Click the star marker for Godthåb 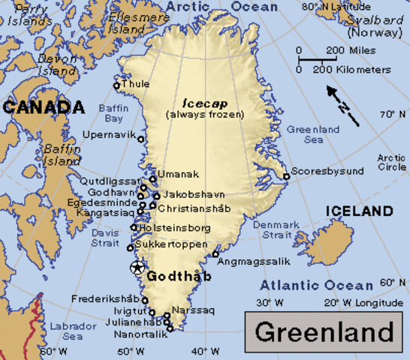(137, 268)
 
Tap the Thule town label (136, 84)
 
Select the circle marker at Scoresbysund (286, 177)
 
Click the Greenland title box (324, 331)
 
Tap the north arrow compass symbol (342, 105)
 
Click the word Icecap (194, 103)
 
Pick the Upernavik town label (107, 135)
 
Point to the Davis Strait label (105, 238)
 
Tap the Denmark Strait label (276, 229)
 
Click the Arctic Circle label (391, 162)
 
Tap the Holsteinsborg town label (174, 228)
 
